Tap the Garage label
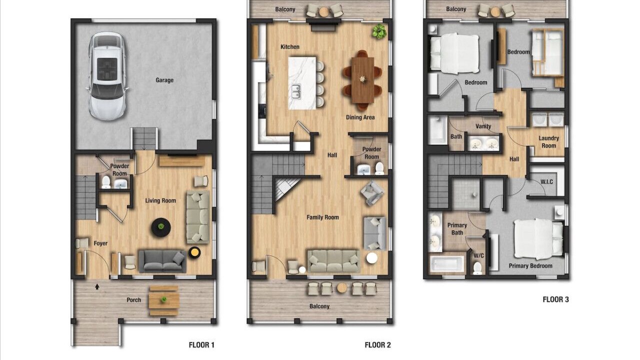coord(164,80)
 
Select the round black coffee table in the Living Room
coord(161,227)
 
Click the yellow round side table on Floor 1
coord(194,252)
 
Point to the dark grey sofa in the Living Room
coord(162,261)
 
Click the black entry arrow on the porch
coord(97,286)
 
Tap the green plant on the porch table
coord(163,299)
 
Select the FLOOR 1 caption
coord(201,345)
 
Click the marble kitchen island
coord(302,83)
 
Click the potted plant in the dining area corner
coord(379,31)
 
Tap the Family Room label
coord(322,217)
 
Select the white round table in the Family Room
coord(371,258)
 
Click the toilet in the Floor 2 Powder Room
coord(379,168)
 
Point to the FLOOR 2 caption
coord(377,345)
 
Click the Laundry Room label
coord(549,142)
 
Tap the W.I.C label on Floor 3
coord(546,182)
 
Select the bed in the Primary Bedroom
coord(538,239)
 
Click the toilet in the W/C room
coord(477,268)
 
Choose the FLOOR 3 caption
coord(555,299)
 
